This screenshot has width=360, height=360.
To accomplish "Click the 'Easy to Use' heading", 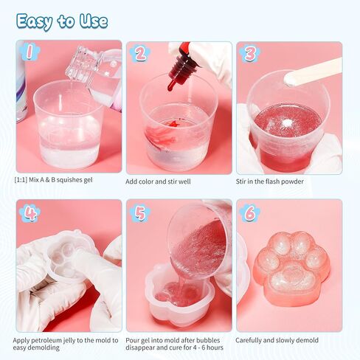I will tap(61, 21).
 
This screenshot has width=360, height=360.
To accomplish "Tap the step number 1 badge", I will tap(29, 52).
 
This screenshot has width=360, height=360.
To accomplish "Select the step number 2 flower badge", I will tap(139, 53).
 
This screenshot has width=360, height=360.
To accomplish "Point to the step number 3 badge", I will tap(250, 53).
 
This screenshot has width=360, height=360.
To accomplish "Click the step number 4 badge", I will tap(30, 213).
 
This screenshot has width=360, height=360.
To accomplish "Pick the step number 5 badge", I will tap(139, 213).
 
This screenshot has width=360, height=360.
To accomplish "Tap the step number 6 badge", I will tap(250, 213).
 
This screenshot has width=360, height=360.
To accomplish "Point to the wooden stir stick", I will tap(313, 72).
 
